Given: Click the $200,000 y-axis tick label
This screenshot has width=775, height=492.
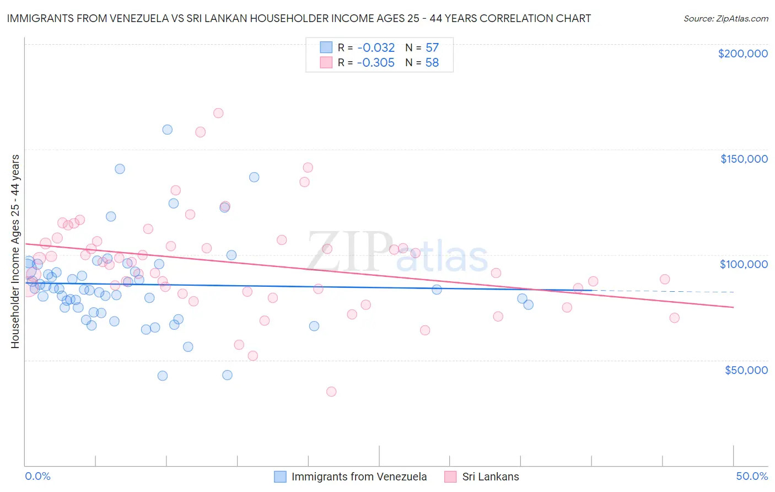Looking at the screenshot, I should pyautogui.click(x=742, y=54).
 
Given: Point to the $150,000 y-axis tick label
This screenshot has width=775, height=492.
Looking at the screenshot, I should pyautogui.click(x=744, y=159).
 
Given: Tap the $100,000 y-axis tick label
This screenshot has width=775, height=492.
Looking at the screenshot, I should pyautogui.click(x=744, y=264).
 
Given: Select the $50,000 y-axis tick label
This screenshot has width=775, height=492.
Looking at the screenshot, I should pyautogui.click(x=746, y=370).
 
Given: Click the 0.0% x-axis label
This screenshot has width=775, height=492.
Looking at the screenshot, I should pyautogui.click(x=37, y=476).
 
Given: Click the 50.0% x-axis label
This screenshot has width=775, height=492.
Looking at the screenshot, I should pyautogui.click(x=752, y=476).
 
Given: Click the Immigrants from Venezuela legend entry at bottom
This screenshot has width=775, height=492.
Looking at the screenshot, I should pyautogui.click(x=359, y=477).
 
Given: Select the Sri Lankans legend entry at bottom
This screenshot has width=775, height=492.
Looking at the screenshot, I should pyautogui.click(x=490, y=477).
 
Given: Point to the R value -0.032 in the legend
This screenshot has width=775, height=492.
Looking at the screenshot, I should pyautogui.click(x=375, y=47).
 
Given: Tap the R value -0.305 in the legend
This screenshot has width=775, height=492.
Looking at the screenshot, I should pyautogui.click(x=375, y=62).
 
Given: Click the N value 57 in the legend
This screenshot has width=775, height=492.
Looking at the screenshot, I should pyautogui.click(x=432, y=47).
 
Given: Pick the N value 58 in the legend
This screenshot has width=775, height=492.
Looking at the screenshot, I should pyautogui.click(x=432, y=62).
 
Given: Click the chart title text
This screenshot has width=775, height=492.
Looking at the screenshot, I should pyautogui.click(x=299, y=18).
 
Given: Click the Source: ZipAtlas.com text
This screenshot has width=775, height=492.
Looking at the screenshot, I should pyautogui.click(x=725, y=18).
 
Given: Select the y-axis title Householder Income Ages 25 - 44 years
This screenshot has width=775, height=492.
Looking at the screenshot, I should pyautogui.click(x=15, y=252).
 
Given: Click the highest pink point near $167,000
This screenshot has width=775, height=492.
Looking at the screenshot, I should pyautogui.click(x=218, y=113).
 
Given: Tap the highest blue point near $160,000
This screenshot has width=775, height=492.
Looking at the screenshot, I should pyautogui.click(x=168, y=130).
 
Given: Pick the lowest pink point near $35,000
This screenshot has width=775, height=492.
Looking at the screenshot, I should pyautogui.click(x=331, y=392).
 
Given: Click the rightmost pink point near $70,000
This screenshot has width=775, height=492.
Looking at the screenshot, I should pyautogui.click(x=674, y=318).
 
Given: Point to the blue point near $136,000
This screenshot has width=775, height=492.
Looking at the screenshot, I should pyautogui.click(x=254, y=177).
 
